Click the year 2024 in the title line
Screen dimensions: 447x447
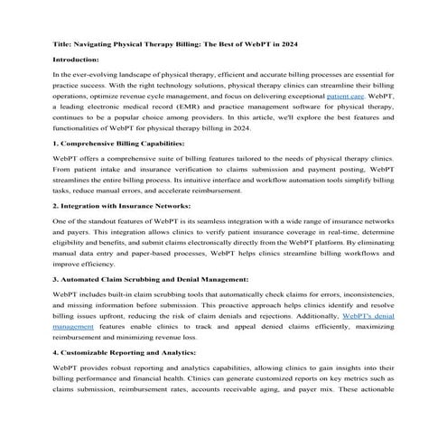click(x=296, y=44)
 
